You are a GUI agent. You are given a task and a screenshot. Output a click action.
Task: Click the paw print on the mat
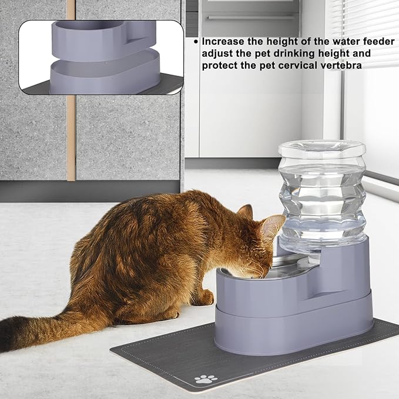[x=206, y=379]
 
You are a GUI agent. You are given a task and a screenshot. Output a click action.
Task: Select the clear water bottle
[x=321, y=194]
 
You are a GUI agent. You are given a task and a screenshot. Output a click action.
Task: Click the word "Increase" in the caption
[x=223, y=42]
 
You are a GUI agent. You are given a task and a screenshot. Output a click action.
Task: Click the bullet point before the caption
[x=196, y=42]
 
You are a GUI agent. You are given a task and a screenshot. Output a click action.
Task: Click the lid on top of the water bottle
[x=321, y=147]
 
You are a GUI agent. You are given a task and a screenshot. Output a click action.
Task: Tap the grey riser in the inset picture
[x=103, y=73]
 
